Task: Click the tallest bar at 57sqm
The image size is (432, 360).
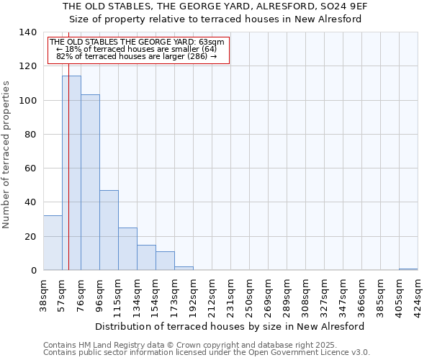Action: [x=71, y=173]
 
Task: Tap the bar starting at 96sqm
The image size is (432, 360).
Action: [x=109, y=230]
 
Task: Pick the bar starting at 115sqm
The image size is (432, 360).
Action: [x=127, y=249]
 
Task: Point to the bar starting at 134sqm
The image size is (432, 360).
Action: [x=146, y=258]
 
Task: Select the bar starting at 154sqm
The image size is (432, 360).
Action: [x=165, y=261]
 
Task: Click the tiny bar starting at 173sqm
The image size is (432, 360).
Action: [x=184, y=269]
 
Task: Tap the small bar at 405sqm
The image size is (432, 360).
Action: [x=408, y=269]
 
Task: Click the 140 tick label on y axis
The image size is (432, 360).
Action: [x=27, y=32]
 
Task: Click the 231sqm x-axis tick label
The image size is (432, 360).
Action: [x=231, y=295]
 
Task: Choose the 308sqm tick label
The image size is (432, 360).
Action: [x=306, y=295]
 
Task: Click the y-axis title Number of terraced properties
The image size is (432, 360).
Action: [x=7, y=155]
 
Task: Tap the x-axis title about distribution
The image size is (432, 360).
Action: [x=230, y=326]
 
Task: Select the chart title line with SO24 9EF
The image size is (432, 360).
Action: [x=216, y=6]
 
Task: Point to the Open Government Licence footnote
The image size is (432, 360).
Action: [x=207, y=353]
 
